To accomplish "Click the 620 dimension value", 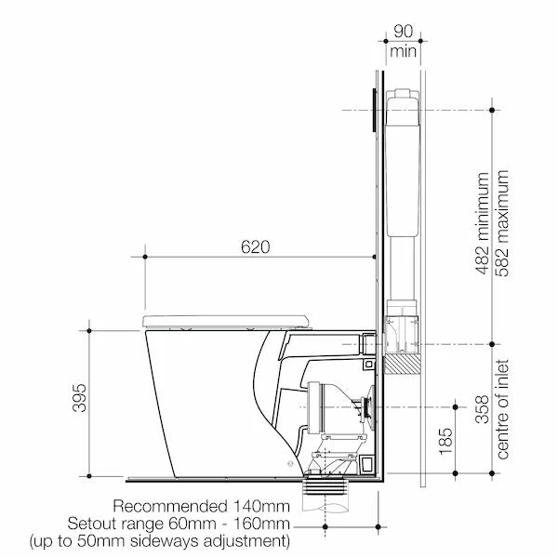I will [x=256, y=247].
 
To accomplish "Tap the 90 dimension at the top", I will [x=404, y=32].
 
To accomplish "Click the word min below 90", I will [x=404, y=50].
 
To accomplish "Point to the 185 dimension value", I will [x=446, y=442].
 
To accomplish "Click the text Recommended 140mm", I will [x=201, y=506].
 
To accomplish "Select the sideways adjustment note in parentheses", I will [x=159, y=540].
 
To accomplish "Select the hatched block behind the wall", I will [x=401, y=364].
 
